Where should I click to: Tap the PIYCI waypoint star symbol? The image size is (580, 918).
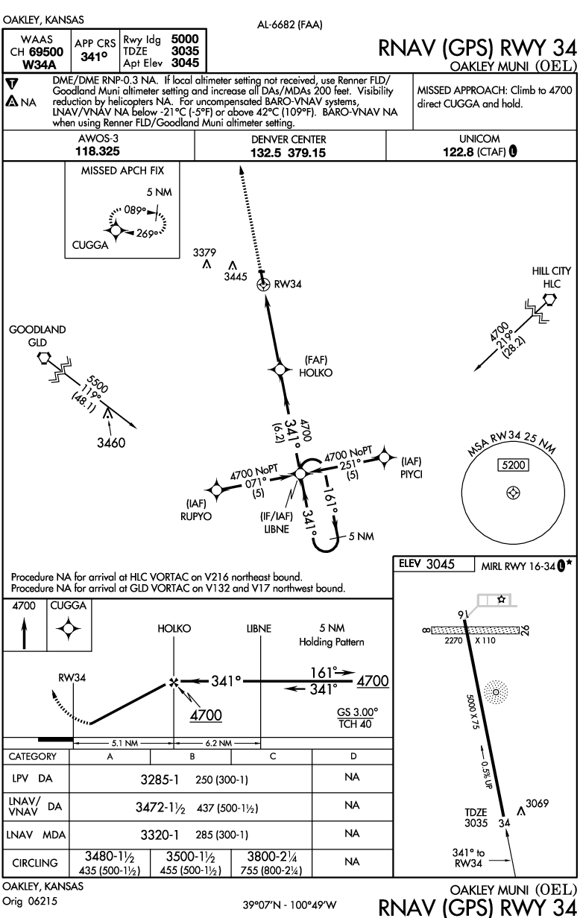pos(385,456)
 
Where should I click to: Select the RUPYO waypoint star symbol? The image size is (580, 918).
pos(216,489)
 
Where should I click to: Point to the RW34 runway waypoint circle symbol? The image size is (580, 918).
pos(262,284)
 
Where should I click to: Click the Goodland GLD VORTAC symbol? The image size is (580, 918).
pos(46,358)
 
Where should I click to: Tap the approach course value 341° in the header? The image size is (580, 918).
pos(94,55)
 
